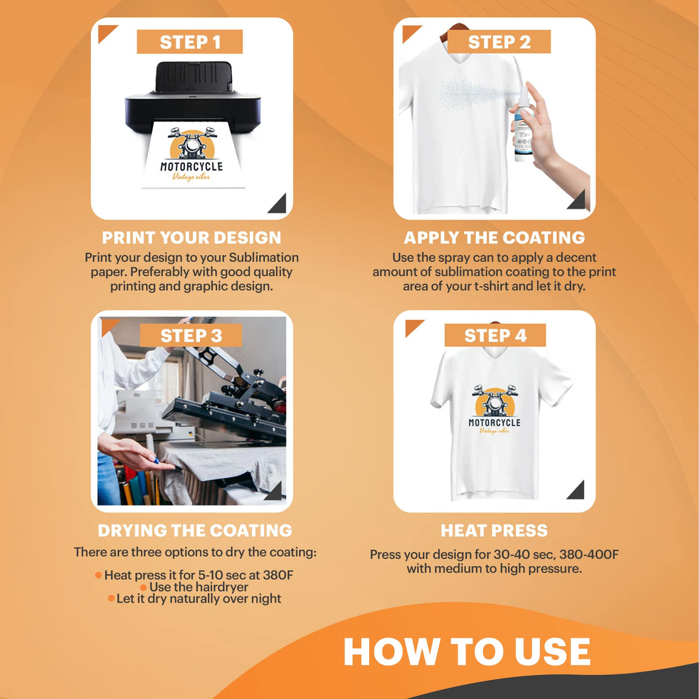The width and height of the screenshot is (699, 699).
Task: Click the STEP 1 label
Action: click(x=189, y=42)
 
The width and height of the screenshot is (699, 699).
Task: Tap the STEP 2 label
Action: click(x=499, y=42)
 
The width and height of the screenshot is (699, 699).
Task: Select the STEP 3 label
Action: click(x=191, y=336)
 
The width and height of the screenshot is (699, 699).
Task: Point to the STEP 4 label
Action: click(x=495, y=335)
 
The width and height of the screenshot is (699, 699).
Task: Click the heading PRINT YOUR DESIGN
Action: click(x=192, y=238)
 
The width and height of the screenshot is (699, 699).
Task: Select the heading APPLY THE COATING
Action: click(x=494, y=238)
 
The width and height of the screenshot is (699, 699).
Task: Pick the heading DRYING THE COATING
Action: click(x=195, y=530)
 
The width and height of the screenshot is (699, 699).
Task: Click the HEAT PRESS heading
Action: click(x=494, y=530)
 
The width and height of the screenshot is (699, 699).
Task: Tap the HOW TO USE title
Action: click(x=467, y=652)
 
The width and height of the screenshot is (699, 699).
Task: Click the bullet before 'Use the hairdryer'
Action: click(x=143, y=587)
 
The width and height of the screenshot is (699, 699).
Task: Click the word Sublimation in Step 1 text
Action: click(x=264, y=257)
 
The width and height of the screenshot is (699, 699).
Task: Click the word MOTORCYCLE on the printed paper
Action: click(x=191, y=166)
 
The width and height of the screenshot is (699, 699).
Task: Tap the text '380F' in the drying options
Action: click(x=278, y=575)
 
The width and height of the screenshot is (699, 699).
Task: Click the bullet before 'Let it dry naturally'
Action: click(x=111, y=599)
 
